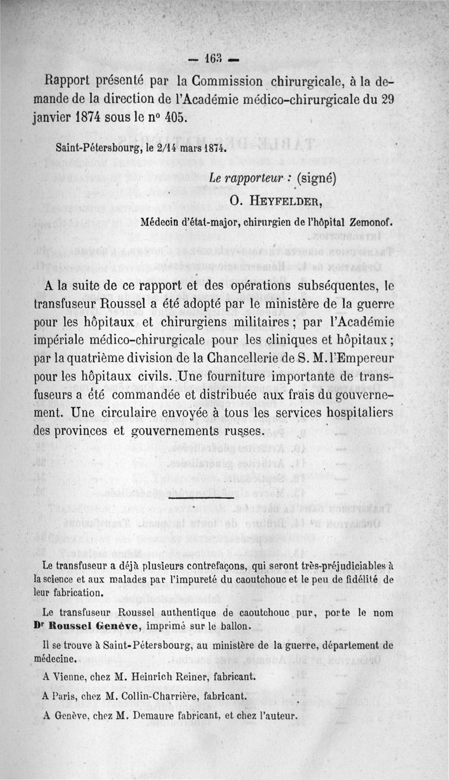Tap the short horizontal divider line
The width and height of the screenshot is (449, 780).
pos(201,497)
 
